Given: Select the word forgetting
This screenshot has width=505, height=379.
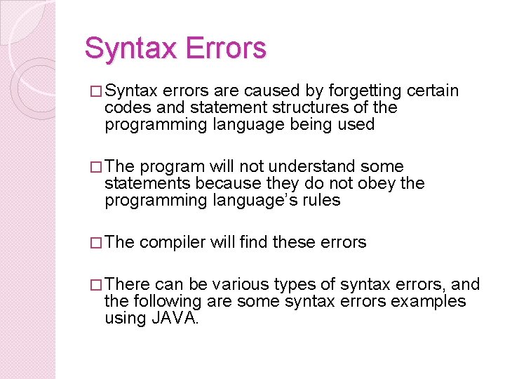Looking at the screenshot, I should click(367, 91).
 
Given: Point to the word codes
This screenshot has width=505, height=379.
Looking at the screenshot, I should click(123, 107).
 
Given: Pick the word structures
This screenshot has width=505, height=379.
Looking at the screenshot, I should click(301, 107).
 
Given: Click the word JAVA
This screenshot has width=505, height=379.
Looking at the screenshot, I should click(175, 318).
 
